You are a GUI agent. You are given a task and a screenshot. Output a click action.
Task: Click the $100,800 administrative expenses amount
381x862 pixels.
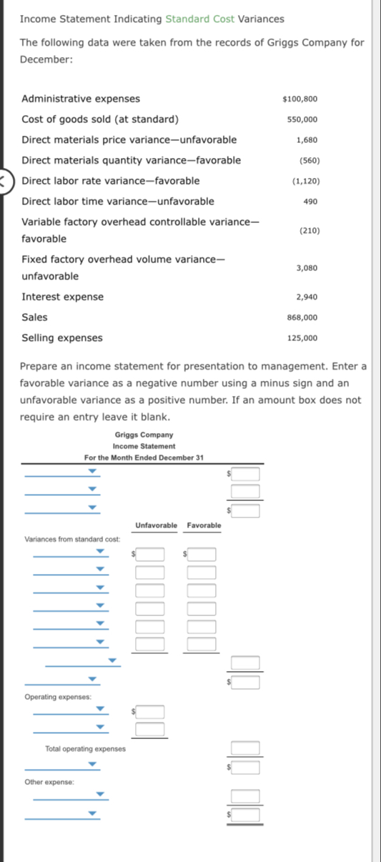click(x=300, y=99)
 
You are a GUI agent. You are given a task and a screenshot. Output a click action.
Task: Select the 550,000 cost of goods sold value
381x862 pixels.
click(x=302, y=119)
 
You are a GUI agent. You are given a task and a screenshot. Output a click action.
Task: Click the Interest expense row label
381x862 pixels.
click(x=63, y=297)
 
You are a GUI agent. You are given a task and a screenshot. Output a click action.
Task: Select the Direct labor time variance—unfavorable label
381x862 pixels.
click(x=118, y=202)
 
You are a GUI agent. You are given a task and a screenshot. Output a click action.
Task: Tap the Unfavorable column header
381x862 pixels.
click(x=156, y=526)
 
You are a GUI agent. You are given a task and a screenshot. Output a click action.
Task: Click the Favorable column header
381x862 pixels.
click(x=204, y=526)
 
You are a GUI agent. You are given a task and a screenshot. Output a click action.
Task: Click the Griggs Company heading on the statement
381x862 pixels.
click(x=144, y=435)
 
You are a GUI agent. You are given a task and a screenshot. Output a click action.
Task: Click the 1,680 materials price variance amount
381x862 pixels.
click(x=307, y=140)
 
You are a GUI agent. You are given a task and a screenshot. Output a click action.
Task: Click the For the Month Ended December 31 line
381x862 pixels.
click(x=144, y=457)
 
